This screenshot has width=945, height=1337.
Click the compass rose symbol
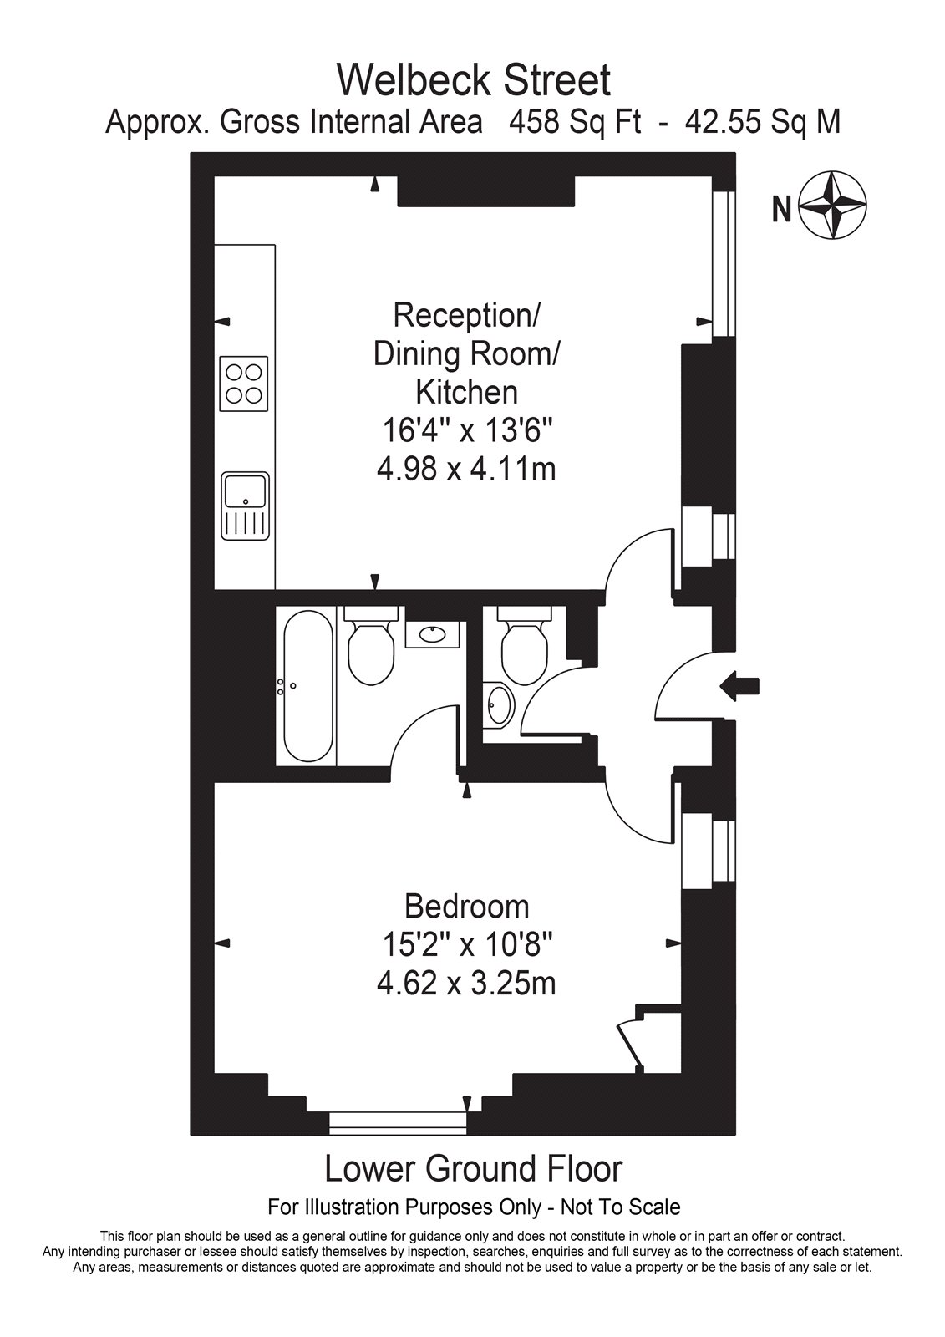click(x=832, y=206)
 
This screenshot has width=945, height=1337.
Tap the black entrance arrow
click(x=739, y=686)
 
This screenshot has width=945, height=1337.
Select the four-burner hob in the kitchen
click(x=244, y=384)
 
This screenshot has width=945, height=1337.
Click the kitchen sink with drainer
click(x=245, y=506)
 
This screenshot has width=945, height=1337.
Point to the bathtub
click(x=308, y=686)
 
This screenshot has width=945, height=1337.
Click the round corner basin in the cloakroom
click(x=499, y=705)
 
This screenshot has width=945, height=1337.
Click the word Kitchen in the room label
click(x=466, y=393)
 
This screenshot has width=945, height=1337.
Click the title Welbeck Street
click(x=474, y=80)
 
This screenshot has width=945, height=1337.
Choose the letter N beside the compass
click(x=781, y=209)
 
